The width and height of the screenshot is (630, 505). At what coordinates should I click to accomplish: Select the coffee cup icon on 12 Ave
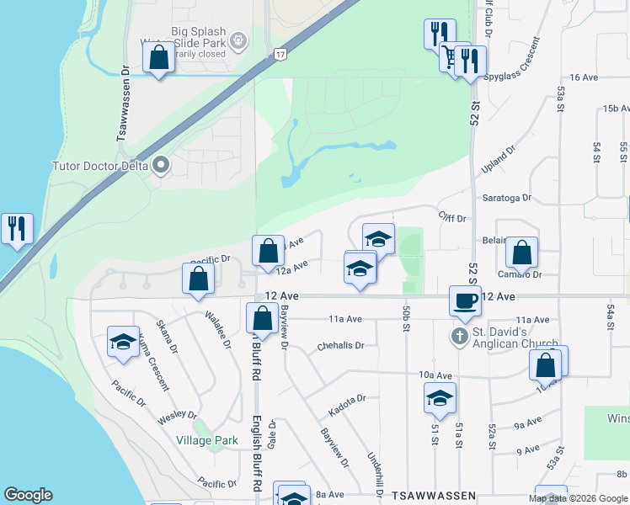464,301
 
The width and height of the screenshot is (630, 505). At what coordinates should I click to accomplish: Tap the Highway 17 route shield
280,54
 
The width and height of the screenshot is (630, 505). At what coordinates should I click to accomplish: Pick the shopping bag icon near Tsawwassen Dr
159,60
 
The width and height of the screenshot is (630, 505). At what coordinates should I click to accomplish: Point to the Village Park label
207,440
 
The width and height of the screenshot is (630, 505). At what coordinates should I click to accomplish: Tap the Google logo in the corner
28,495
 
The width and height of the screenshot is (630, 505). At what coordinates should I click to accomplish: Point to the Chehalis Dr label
340,345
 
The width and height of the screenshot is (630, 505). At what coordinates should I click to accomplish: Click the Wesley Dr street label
180,414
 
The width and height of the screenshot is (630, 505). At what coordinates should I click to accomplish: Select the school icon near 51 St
440,399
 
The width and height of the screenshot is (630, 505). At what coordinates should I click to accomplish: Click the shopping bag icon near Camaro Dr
521,252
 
